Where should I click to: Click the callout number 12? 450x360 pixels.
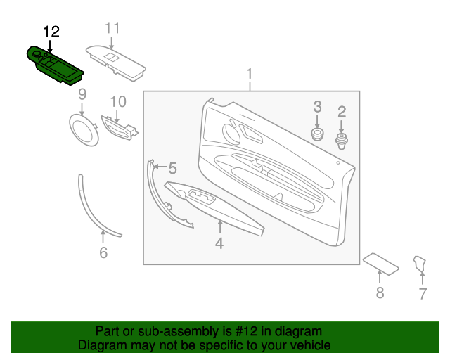(51, 32)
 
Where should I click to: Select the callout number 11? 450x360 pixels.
(112, 28)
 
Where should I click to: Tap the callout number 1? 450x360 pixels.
(249, 74)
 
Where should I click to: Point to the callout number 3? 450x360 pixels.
(317, 107)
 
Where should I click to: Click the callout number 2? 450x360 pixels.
(342, 111)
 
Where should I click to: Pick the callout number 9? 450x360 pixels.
(82, 94)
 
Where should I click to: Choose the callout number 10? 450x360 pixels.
(117, 101)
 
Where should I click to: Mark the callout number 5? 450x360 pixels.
(172, 167)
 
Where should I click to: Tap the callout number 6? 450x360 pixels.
(103, 252)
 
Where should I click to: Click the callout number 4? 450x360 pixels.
(219, 243)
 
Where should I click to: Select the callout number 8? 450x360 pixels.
(380, 293)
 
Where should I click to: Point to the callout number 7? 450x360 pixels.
(423, 294)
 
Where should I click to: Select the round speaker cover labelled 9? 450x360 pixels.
(84, 129)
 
